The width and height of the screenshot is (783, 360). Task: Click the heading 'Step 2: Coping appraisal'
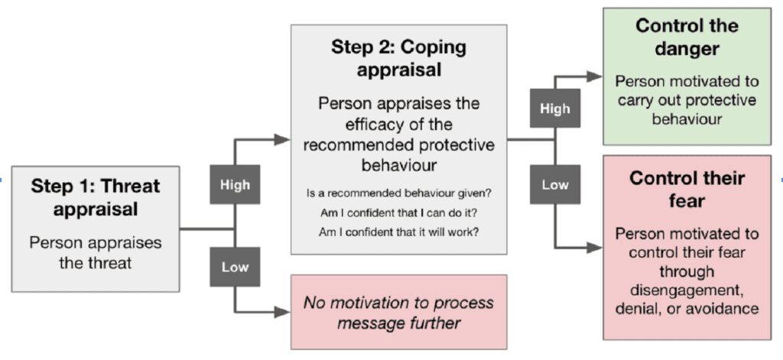(398, 58)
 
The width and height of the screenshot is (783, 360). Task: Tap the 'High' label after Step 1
(235, 184)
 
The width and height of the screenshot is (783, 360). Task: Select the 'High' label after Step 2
(554, 109)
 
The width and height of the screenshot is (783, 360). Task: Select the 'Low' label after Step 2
(554, 185)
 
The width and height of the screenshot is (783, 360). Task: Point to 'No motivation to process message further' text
(398, 312)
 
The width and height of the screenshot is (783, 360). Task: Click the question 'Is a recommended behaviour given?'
(398, 193)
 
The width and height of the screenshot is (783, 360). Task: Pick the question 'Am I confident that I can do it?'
(398, 212)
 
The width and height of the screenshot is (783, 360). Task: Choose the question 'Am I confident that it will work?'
(398, 232)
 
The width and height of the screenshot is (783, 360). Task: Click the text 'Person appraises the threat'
(96, 252)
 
